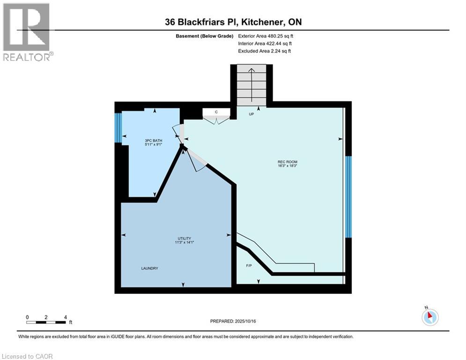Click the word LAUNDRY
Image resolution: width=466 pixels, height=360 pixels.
pos(149,268)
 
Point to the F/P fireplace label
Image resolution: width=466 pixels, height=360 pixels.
pos(249,265)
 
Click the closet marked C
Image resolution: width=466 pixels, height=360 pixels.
pos(216,112)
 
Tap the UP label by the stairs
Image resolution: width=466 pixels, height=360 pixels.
pos(251,113)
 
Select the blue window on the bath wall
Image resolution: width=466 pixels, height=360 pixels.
pos(118,127)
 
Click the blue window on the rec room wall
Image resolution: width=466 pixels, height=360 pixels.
pos(348,197)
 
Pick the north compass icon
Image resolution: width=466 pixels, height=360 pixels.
pos(429,316)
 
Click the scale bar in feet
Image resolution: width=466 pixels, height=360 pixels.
pos(46,322)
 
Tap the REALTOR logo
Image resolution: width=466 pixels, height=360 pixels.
pos(27,32)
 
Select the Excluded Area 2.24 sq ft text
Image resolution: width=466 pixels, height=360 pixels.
pos(265,51)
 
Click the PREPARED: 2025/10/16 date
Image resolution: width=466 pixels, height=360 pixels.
pos(237,321)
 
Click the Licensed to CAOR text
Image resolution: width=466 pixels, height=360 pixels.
pos(27,356)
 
